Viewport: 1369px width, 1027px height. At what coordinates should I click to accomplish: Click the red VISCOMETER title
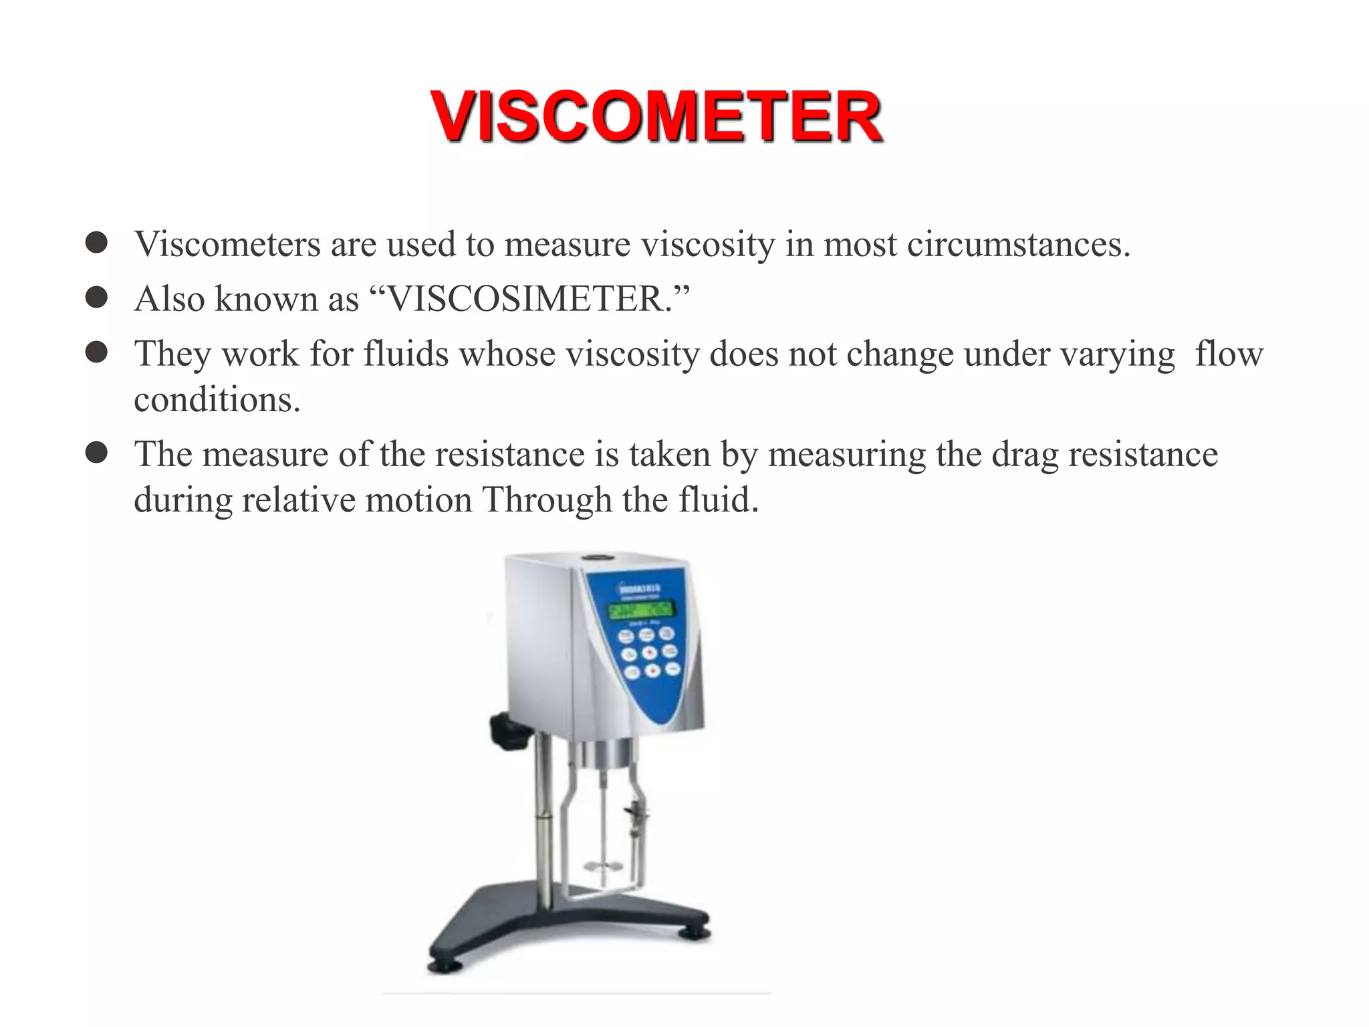click(656, 117)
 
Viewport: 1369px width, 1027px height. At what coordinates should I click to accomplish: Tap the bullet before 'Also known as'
click(97, 298)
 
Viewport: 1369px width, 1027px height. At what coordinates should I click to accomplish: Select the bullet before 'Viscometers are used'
click(97, 243)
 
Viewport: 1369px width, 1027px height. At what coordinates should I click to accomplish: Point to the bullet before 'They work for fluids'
click(97, 352)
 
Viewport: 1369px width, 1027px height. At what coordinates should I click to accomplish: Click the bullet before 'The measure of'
click(97, 453)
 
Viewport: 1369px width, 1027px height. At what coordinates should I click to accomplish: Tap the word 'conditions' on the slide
click(217, 400)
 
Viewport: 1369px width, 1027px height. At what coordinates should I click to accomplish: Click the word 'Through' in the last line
click(547, 500)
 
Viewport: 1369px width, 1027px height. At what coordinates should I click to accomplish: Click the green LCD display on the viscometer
click(640, 610)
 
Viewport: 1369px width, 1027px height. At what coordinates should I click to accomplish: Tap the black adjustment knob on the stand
click(509, 731)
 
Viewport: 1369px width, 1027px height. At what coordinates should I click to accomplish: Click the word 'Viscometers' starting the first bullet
click(227, 244)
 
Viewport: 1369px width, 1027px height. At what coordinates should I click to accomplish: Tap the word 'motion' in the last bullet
click(418, 500)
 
